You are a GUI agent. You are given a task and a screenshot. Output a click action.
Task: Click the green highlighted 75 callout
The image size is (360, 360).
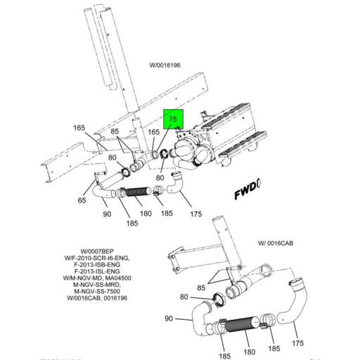pos(173,120)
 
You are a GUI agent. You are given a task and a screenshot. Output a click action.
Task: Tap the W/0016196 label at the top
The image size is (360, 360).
pos(165,65)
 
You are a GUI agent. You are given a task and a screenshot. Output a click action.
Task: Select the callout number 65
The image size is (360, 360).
pos(82,201)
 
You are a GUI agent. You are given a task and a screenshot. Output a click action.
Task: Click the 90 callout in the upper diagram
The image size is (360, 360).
pos(108,213)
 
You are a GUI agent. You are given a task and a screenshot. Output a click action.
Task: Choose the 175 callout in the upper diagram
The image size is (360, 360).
pos(196,213)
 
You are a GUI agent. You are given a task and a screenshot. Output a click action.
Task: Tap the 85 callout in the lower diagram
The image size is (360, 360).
pos(201,287)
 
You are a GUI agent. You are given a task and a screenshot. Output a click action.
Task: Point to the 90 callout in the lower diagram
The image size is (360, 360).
pos(169,319)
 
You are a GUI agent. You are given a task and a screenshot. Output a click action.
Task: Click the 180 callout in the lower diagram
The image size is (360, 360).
pos(248,352)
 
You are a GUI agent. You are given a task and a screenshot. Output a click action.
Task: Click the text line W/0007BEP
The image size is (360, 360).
pos(97,251)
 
